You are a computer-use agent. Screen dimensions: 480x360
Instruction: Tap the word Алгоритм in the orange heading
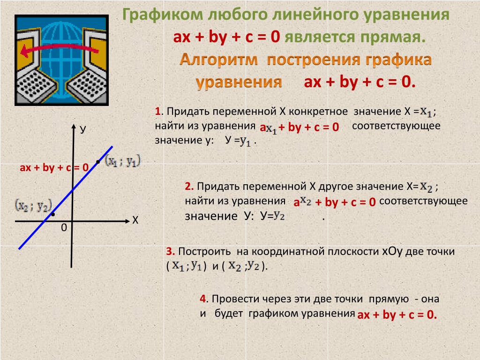pos(218,60)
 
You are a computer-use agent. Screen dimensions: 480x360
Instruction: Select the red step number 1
pos(157,111)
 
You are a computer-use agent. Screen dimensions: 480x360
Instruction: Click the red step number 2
pos(189,186)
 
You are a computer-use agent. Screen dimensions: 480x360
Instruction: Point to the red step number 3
pos(170,251)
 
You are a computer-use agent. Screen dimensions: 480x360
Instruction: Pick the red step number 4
pos(204,299)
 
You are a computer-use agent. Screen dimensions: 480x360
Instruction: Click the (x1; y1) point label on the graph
pos(123,161)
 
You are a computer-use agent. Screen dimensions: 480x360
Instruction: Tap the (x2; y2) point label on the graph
pos(34,205)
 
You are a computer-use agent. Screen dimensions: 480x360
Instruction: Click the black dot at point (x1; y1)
pos(98,162)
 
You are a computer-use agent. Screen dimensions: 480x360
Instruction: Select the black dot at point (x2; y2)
pos(53,214)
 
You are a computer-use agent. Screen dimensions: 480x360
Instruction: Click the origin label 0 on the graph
pos(64,228)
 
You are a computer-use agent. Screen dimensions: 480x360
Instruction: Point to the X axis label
pos(135,220)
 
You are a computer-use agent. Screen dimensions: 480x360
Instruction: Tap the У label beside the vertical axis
pos(83,130)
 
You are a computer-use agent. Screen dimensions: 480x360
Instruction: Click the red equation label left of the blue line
pos(54,167)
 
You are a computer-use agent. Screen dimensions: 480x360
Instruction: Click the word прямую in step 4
pos(389,299)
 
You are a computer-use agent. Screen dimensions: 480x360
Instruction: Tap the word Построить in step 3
pos(204,251)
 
